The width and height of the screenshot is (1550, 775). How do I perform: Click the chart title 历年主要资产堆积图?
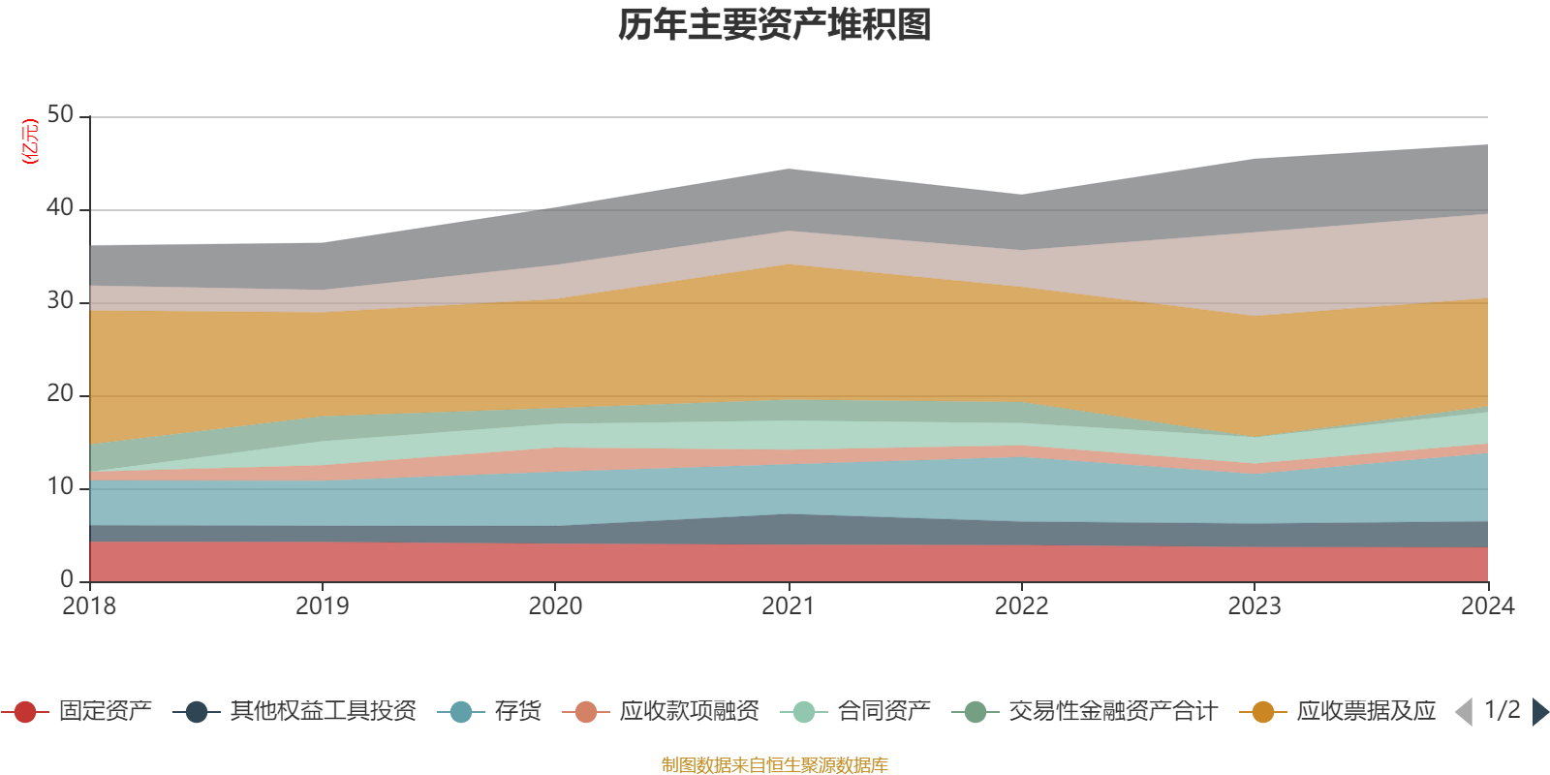coord(775,26)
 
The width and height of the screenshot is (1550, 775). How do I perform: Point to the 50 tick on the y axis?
coord(60,115)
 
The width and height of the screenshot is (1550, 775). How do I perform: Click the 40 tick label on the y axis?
coord(60,208)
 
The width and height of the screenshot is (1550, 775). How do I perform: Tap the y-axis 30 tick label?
coord(60,301)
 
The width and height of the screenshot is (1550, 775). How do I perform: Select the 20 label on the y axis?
coord(60,394)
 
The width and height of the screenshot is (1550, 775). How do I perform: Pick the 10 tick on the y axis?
coord(60,487)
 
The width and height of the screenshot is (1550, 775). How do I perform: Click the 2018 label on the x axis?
coord(89,606)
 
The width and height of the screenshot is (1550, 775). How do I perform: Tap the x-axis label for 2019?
coord(322,606)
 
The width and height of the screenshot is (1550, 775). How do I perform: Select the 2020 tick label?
coord(555,606)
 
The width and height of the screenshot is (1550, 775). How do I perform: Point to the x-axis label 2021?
coord(789,606)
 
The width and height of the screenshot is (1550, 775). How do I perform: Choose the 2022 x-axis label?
coord(1021,606)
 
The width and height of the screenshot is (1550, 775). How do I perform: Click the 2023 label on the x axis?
coord(1255,606)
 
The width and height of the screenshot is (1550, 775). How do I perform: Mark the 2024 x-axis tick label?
coord(1487,606)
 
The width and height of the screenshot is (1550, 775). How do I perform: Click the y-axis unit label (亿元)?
coord(30,141)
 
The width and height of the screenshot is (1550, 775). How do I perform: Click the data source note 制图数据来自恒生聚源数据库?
coord(775,765)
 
